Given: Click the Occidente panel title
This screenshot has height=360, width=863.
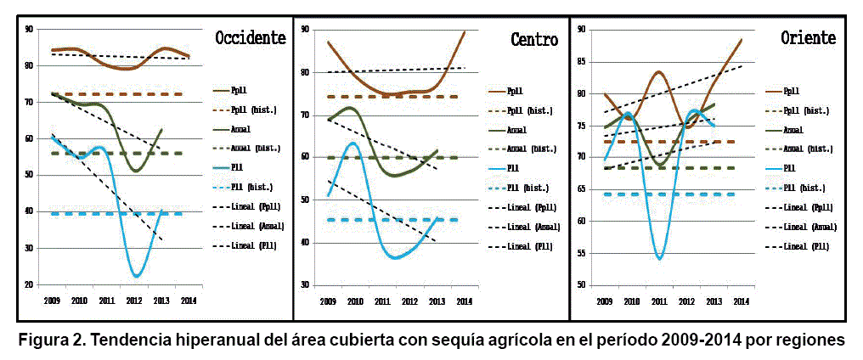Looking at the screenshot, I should pyautogui.click(x=250, y=38).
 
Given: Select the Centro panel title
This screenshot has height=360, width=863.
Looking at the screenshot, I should pyautogui.click(x=534, y=39).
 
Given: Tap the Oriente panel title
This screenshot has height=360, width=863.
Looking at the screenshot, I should pyautogui.click(x=808, y=38).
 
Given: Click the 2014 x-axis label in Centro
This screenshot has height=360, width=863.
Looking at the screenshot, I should pyautogui.click(x=464, y=301).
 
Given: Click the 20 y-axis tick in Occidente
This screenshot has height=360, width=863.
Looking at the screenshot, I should pyautogui.click(x=29, y=285).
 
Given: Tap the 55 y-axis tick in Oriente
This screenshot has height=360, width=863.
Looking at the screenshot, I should pyautogui.click(x=581, y=253).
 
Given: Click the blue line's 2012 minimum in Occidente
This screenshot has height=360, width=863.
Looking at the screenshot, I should pyautogui.click(x=136, y=276).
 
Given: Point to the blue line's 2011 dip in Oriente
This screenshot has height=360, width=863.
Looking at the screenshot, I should pyautogui.click(x=660, y=258).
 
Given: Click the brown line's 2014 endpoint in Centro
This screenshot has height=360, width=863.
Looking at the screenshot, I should pyautogui.click(x=465, y=31).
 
